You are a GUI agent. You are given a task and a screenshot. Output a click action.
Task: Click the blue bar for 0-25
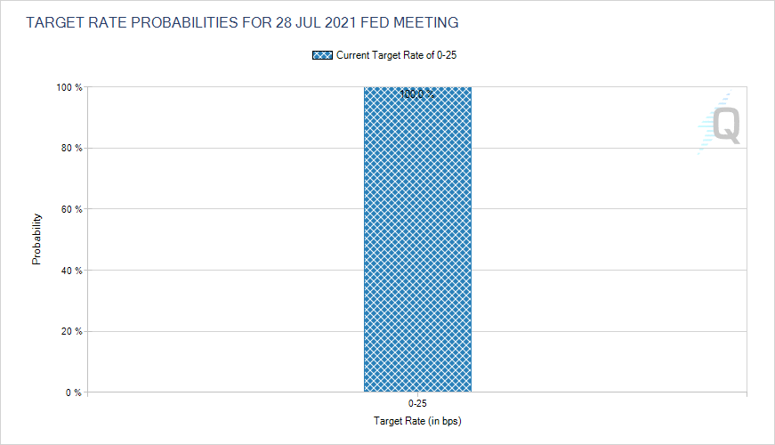[417, 240]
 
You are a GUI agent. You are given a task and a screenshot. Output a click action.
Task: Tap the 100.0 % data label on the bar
[417, 93]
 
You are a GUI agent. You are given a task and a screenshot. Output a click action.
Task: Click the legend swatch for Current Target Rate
[322, 55]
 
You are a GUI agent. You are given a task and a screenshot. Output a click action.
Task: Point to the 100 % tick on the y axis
[70, 87]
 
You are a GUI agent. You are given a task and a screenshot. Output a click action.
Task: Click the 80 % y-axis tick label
[72, 148]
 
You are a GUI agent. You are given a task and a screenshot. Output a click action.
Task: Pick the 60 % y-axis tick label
[72, 209]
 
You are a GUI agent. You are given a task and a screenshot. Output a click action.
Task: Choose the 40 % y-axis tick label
[72, 270]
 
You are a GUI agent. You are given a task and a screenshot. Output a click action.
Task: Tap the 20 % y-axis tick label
[72, 331]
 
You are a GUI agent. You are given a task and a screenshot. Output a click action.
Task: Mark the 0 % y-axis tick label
[75, 392]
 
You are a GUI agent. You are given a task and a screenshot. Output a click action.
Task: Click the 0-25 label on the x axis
[417, 404]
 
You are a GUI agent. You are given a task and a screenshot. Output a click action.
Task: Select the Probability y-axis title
[36, 239]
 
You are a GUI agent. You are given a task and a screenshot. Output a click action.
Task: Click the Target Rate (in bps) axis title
[417, 420]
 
